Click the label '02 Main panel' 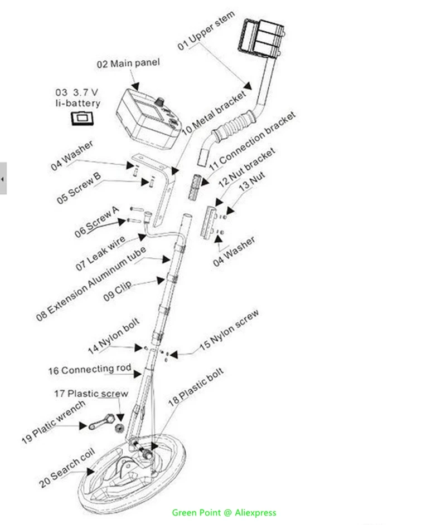(x=128, y=63)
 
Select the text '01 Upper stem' (x=206, y=31)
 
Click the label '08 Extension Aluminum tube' (x=92, y=283)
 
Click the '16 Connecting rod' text (x=89, y=369)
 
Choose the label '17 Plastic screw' (x=91, y=394)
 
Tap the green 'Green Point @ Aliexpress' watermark (x=224, y=513)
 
